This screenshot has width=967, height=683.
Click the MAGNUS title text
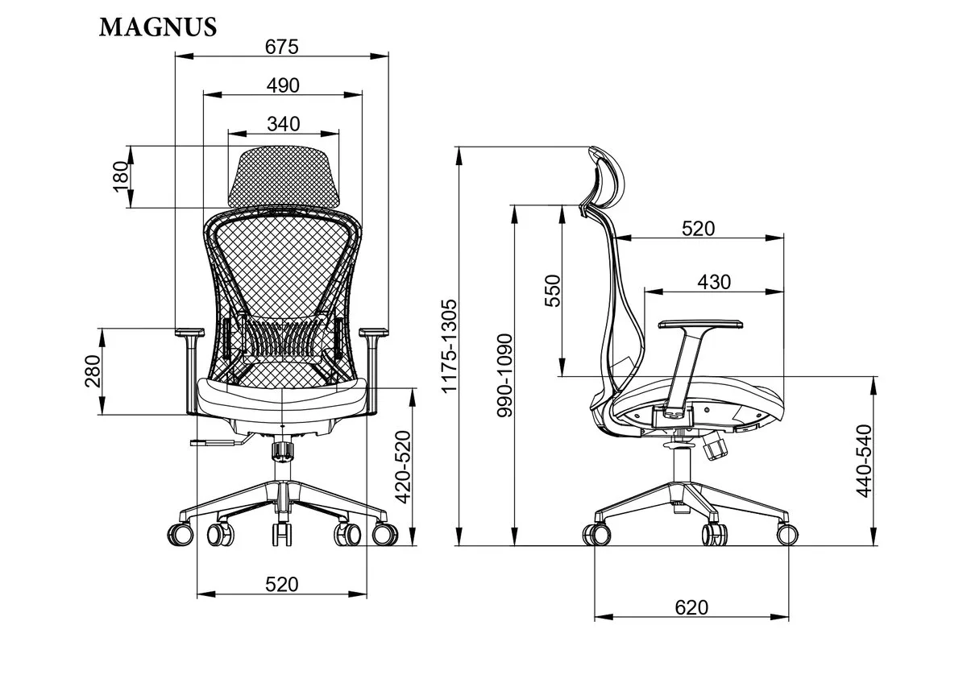click(158, 27)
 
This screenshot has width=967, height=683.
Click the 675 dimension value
click(281, 47)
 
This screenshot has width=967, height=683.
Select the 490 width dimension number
click(283, 85)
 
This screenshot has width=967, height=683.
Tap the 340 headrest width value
click(283, 124)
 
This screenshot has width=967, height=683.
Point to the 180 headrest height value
click(121, 176)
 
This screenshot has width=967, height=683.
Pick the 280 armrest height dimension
click(93, 371)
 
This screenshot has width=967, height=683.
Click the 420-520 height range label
click(403, 467)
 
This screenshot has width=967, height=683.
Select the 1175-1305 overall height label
click(449, 346)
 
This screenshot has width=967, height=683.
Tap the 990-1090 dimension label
click(504, 375)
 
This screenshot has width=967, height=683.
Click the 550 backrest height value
click(552, 291)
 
